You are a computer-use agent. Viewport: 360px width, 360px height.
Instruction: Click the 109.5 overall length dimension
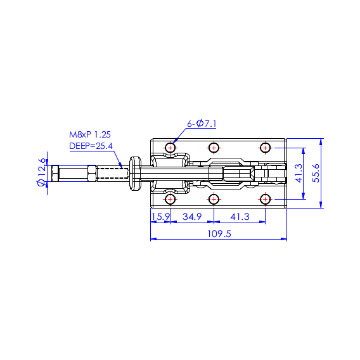219,234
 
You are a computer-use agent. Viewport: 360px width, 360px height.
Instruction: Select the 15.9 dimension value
160,217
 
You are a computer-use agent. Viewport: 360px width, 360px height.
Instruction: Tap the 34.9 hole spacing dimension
192,217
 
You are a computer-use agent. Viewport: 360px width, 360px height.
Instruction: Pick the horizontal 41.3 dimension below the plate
240,217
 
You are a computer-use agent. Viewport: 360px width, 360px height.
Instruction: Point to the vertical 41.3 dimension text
299,173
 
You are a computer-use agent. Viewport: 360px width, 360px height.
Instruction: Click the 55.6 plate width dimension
316,173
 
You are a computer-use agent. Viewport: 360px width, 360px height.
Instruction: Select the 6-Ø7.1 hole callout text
202,124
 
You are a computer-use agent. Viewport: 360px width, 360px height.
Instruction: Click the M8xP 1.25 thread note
90,134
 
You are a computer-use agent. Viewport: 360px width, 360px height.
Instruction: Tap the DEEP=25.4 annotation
91,146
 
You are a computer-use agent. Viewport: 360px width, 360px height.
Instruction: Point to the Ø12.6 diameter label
41,172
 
